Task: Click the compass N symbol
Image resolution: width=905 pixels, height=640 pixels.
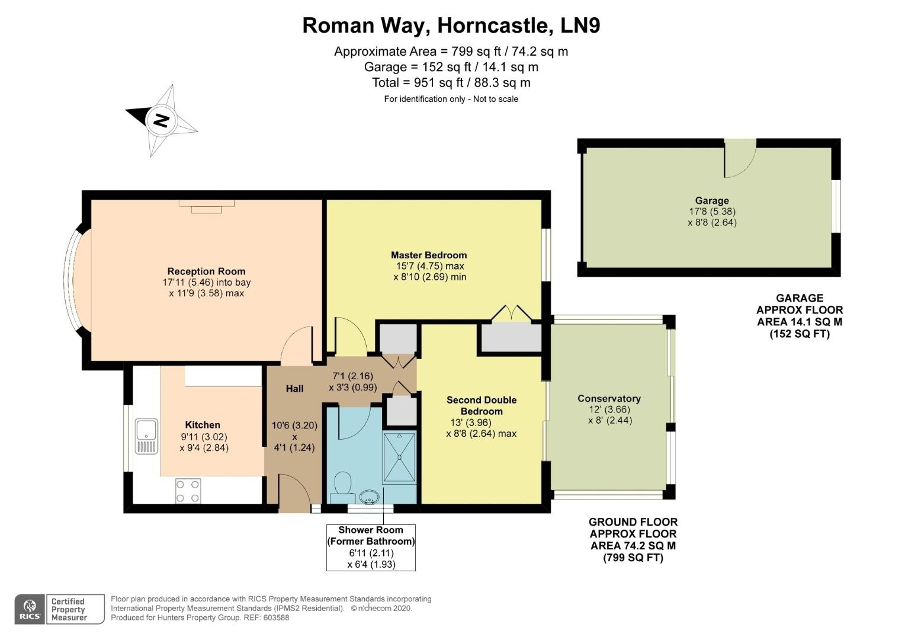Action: (x=161, y=120)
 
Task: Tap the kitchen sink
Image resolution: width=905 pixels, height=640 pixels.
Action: (x=146, y=436)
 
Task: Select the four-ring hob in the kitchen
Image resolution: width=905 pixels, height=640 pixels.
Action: (x=188, y=491)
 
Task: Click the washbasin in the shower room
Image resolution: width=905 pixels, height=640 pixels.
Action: (x=370, y=496)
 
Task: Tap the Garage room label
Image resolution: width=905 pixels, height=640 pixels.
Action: (x=712, y=200)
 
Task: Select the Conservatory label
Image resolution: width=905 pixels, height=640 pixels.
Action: (x=609, y=398)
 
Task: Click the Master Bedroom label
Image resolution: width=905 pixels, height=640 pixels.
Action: (x=429, y=255)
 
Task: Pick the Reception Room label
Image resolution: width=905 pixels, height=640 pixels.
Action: (x=206, y=271)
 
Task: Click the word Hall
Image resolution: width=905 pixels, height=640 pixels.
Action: (x=294, y=389)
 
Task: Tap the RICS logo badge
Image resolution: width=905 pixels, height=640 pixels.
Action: (x=30, y=609)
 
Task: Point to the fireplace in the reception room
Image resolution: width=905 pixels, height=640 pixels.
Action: (x=207, y=206)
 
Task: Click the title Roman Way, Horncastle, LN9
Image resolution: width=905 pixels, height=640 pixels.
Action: (x=451, y=25)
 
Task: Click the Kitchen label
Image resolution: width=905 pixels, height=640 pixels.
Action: (x=203, y=424)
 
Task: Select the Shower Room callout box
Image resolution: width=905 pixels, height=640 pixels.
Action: (x=371, y=547)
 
